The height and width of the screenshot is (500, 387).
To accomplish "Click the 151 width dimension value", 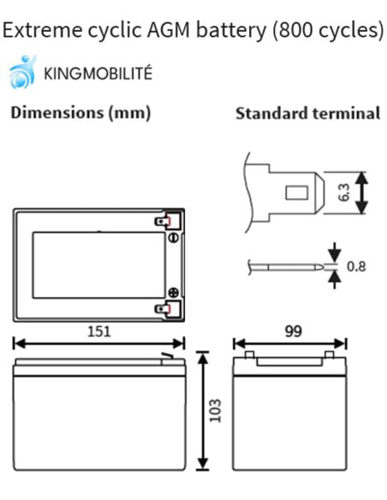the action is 99,331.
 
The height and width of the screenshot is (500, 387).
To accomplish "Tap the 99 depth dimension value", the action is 294,331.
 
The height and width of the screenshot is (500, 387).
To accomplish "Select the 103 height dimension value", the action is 215,410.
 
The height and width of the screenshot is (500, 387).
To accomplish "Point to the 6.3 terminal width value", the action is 344,193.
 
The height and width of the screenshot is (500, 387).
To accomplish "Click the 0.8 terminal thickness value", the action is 356,266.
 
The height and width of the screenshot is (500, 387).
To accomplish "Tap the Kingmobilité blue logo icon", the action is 22,72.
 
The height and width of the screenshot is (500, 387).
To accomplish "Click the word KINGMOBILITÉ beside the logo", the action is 98,73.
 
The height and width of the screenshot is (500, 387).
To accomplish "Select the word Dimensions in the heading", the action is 57,112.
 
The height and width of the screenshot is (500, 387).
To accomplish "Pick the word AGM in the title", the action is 169,30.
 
